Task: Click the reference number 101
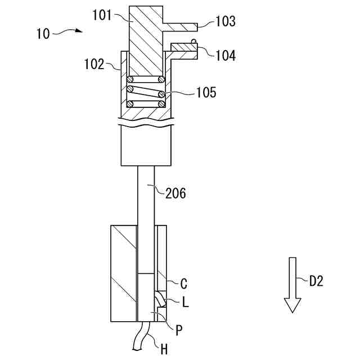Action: click(x=102, y=15)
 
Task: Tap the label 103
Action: click(x=225, y=22)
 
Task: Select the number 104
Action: click(x=225, y=55)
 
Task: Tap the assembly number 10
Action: click(x=43, y=34)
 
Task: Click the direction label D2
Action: click(x=316, y=281)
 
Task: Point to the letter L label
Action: click(x=185, y=302)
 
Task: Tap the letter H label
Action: click(x=164, y=349)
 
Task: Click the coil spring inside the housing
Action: click(x=146, y=91)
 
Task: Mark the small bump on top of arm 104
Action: click(x=193, y=41)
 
